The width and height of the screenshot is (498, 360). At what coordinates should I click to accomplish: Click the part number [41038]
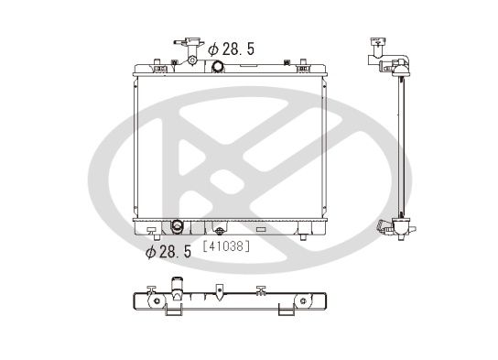point(225,245)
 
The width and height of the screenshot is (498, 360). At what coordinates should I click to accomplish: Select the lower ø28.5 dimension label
point(168,252)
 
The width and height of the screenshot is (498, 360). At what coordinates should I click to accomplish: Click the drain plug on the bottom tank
point(218,230)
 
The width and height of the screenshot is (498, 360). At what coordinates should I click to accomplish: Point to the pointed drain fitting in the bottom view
point(219,290)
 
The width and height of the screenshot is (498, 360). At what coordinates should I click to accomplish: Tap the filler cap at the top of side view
point(376,44)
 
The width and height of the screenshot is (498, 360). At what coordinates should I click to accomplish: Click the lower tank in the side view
point(400,227)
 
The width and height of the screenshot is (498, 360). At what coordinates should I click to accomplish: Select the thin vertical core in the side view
point(400,147)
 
